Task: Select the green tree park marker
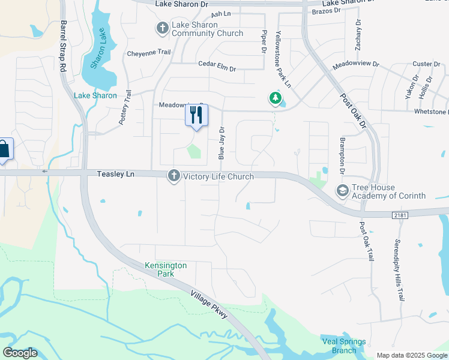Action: [x=275, y=97]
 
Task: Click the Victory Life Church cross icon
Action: [x=174, y=176]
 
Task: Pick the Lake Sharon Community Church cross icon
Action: [x=162, y=28]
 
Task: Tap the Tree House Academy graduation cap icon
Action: [x=342, y=191]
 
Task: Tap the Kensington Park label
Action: [x=166, y=269]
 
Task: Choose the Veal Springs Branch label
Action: [x=343, y=346]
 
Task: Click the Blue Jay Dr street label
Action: [x=221, y=143]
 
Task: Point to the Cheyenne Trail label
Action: [x=149, y=53]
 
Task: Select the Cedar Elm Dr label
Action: [x=218, y=64]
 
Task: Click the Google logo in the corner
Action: [x=20, y=353]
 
